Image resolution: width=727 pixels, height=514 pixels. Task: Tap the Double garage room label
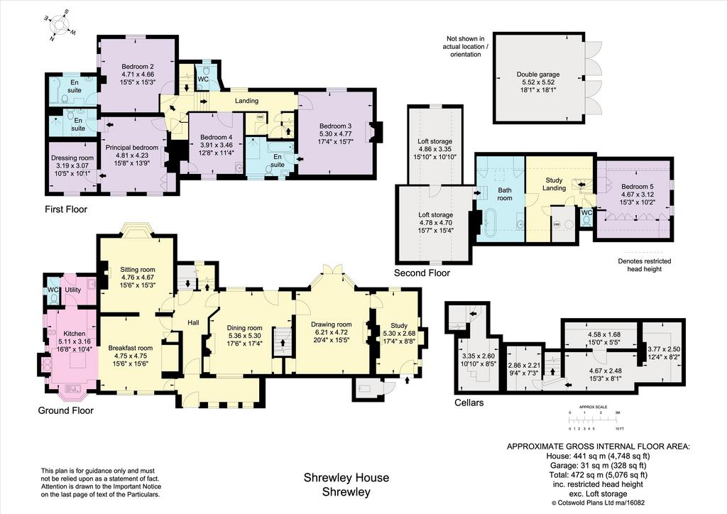pos(538,74)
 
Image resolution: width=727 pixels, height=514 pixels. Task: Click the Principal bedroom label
pos(131,148)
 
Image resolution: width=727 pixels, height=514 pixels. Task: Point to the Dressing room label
pos(72,158)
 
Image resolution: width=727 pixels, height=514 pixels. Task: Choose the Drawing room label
pos(331,324)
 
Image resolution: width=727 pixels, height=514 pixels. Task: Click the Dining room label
pos(245,328)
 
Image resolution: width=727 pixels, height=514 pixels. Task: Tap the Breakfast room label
pos(131,348)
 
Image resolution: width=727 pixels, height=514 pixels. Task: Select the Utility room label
pos(73,290)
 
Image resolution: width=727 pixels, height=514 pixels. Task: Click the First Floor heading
pos(66,209)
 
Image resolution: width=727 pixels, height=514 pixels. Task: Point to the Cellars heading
pos(469,403)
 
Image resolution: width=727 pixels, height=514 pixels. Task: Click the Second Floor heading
pos(422,273)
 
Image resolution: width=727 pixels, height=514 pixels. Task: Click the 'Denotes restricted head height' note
pos(644,265)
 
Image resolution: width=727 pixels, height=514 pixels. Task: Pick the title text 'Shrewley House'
pos(346,477)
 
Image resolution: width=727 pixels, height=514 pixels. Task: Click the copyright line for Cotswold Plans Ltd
pos(598,503)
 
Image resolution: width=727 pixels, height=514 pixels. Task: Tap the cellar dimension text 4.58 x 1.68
pos(603,334)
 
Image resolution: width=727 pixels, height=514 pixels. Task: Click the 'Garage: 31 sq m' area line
pos(598,465)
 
